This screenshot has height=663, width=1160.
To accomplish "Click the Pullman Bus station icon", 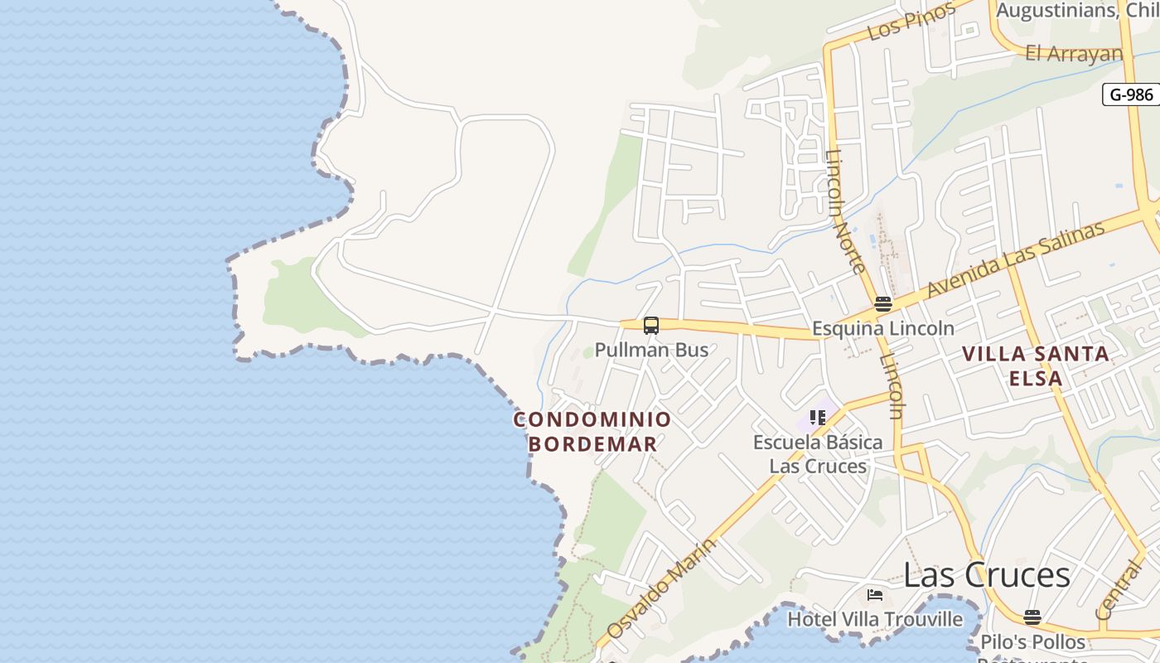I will point(651,326).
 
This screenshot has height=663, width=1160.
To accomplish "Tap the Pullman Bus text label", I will point(651,350).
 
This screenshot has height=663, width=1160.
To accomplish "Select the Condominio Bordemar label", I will point(592,431).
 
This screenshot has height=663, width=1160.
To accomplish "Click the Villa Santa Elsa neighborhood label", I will point(1036,365).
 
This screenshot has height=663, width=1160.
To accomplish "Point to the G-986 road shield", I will point(1131,94).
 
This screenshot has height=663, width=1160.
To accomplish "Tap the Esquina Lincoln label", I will point(882,328).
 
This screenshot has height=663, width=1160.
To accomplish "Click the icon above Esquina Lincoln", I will point(882,304).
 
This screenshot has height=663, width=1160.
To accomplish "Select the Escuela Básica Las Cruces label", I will point(818,453).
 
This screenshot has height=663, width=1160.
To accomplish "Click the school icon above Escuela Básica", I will point(818,418).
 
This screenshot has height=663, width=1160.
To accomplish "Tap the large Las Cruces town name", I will point(986,574).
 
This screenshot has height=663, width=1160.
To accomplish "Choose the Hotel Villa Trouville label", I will point(875,619).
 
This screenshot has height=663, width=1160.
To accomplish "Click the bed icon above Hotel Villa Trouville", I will point(875,595).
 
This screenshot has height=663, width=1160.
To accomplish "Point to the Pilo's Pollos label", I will point(1032,642).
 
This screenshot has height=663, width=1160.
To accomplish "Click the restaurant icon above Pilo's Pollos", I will point(1032,617).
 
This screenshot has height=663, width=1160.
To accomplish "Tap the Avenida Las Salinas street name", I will point(1016,259).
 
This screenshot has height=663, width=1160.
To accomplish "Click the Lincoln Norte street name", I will point(846,211).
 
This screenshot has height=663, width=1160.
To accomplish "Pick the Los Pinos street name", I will point(911,21).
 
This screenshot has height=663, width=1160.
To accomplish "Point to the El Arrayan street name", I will point(1074,54).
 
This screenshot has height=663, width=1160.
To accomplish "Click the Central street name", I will point(1118,590).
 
